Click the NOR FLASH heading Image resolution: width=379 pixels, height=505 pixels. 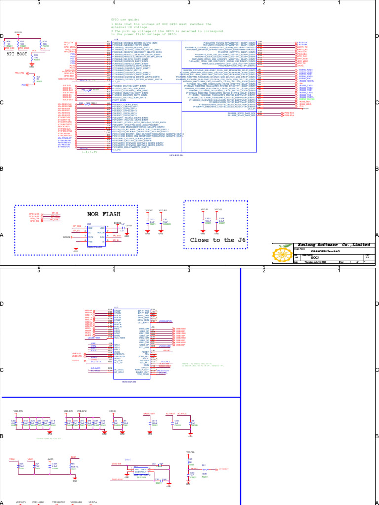(x=103, y=214)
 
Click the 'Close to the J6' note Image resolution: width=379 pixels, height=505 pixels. (x=218, y=240)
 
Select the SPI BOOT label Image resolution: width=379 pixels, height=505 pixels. (x=17, y=54)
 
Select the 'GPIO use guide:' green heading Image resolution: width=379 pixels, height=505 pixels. (x=126, y=19)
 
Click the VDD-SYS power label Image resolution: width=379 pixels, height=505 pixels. (x=68, y=411)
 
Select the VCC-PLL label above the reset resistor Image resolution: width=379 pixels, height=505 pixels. (x=190, y=452)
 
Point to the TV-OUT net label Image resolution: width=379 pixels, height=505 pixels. (x=75, y=360)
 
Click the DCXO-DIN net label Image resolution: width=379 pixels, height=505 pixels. (x=116, y=464)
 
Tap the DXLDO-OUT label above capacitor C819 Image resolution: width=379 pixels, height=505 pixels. (x=149, y=413)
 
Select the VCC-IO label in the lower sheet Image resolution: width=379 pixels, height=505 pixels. (x=113, y=411)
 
